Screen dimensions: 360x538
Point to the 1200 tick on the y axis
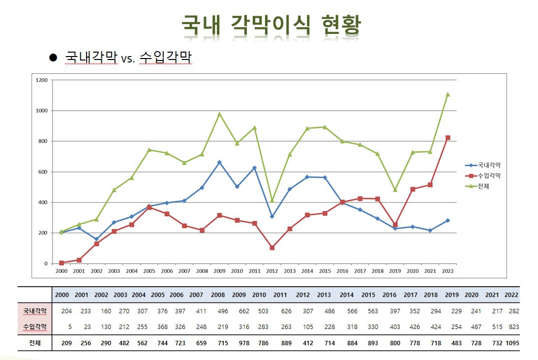42,80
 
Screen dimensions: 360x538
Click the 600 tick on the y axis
43,172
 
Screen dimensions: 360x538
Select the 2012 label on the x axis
272,271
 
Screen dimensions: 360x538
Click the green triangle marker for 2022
448,94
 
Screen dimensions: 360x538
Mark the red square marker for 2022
448,138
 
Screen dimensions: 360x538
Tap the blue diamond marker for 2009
219,162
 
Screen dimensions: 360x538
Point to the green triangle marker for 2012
272,201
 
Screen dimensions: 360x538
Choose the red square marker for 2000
61,263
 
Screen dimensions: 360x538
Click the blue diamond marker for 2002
96,239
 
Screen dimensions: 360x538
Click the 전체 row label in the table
34,343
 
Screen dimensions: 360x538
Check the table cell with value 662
239,311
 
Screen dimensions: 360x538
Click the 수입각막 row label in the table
34,327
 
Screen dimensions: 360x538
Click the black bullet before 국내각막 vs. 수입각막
54,58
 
